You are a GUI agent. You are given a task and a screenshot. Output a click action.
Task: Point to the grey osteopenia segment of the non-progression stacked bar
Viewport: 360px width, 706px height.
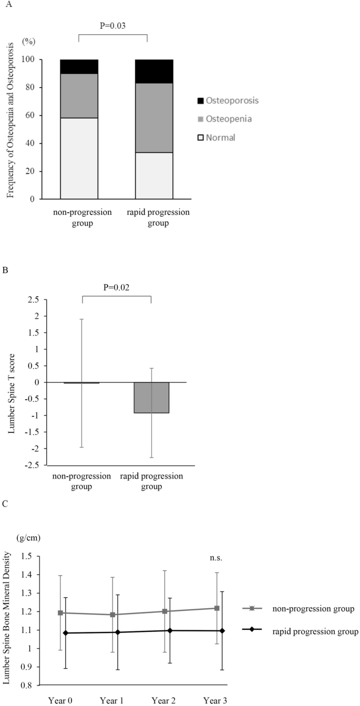[79, 96]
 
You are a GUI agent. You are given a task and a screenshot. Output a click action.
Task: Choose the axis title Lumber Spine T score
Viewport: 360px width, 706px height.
[12, 382]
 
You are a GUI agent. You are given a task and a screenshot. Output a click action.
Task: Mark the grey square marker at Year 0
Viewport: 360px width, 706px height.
[61, 612]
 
